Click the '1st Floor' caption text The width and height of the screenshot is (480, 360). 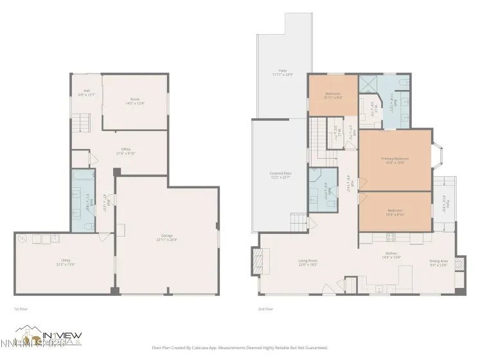pyautogui.click(x=21, y=309)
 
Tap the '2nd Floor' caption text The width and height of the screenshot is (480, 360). pyautogui.click(x=265, y=309)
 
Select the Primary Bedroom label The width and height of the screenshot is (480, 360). pyautogui.click(x=395, y=160)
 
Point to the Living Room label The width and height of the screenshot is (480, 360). pyautogui.click(x=308, y=263)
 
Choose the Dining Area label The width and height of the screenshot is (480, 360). pyautogui.click(x=439, y=262)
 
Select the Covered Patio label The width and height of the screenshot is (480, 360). pyautogui.click(x=280, y=174)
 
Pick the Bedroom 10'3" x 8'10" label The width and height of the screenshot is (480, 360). pyautogui.click(x=395, y=212)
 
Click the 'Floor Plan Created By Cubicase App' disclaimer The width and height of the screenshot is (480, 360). pyautogui.click(x=240, y=348)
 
